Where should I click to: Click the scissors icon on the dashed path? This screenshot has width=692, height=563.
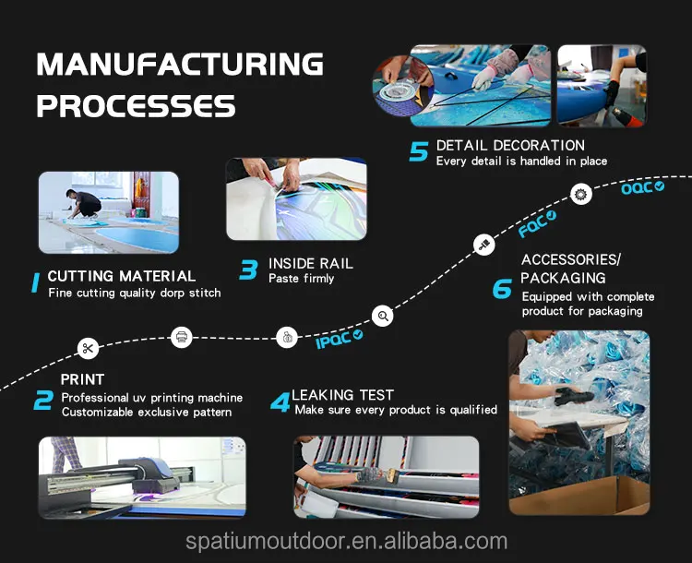tap(88, 348)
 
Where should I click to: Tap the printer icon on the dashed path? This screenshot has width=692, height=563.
tap(183, 337)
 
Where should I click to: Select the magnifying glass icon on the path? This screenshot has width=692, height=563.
tap(384, 317)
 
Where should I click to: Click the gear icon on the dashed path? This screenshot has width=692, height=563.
tap(580, 194)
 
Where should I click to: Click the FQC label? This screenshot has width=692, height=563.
tap(536, 222)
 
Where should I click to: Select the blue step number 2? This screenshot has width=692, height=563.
tap(42, 401)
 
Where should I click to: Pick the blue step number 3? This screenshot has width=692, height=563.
tap(248, 270)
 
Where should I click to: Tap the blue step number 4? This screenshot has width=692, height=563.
tap(280, 402)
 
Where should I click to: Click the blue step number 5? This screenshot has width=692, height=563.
tap(419, 151)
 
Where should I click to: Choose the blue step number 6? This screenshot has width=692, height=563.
tap(502, 289)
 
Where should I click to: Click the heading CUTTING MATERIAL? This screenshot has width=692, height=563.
tap(121, 276)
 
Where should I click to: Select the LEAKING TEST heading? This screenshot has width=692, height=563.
tap(343, 395)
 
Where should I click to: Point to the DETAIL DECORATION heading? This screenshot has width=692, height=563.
tap(510, 145)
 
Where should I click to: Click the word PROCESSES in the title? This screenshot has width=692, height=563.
tap(136, 105)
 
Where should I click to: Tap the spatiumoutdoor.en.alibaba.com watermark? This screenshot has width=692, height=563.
tap(346, 541)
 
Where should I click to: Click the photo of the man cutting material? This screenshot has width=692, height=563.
tap(108, 212)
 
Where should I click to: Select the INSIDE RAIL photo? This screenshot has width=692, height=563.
tap(295, 199)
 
